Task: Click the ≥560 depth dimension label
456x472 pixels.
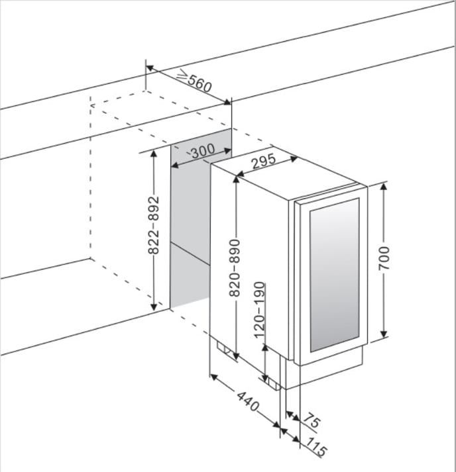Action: [x=194, y=82]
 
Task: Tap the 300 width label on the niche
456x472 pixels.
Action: [x=201, y=151]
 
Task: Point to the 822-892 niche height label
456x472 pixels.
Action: [x=153, y=226]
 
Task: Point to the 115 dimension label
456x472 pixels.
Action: [x=317, y=450]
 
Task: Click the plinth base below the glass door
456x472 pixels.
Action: [x=331, y=372]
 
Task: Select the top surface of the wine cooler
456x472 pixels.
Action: [x=285, y=178]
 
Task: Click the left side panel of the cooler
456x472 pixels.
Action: [x=249, y=265]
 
